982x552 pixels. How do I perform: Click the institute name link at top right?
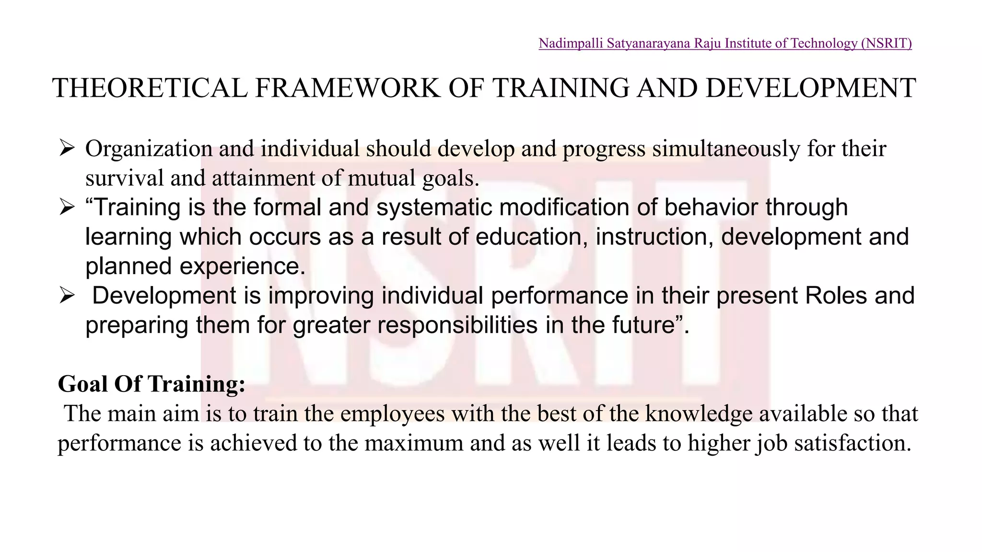pos(725,44)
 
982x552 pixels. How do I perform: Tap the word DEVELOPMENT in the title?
pos(810,89)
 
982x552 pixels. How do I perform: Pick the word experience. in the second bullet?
pos(242,266)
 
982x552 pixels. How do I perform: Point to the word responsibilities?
pos(457,325)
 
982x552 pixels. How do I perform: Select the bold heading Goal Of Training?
pos(152,384)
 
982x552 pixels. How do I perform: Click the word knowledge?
pos(699,414)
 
